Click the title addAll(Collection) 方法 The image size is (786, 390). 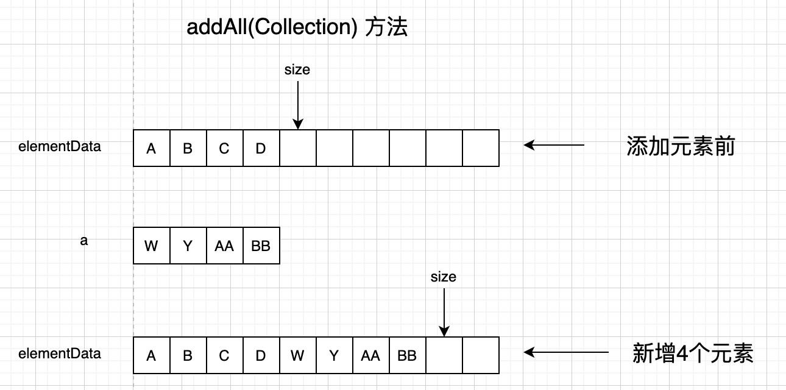[x=297, y=28]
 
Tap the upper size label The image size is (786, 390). [x=297, y=70]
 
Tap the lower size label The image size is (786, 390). [x=443, y=277]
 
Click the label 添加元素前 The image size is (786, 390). [x=681, y=147]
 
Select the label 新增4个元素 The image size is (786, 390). [x=693, y=353]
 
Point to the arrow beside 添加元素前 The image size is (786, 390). [x=554, y=145]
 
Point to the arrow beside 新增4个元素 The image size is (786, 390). [x=566, y=352]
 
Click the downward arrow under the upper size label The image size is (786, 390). [x=297, y=104]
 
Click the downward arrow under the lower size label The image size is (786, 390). [x=444, y=311]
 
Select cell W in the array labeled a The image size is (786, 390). [x=151, y=246]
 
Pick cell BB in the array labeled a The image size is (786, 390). [x=261, y=246]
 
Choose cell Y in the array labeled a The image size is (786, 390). [x=188, y=246]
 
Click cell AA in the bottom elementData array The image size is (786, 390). [x=370, y=355]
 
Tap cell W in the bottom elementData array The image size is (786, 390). [x=297, y=355]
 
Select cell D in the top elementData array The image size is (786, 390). [x=261, y=148]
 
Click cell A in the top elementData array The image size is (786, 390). [x=151, y=148]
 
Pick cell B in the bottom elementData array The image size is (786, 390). [x=188, y=355]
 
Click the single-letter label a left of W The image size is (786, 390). [x=84, y=241]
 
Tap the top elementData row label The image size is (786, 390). [x=60, y=147]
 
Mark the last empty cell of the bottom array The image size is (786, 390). [x=481, y=355]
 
